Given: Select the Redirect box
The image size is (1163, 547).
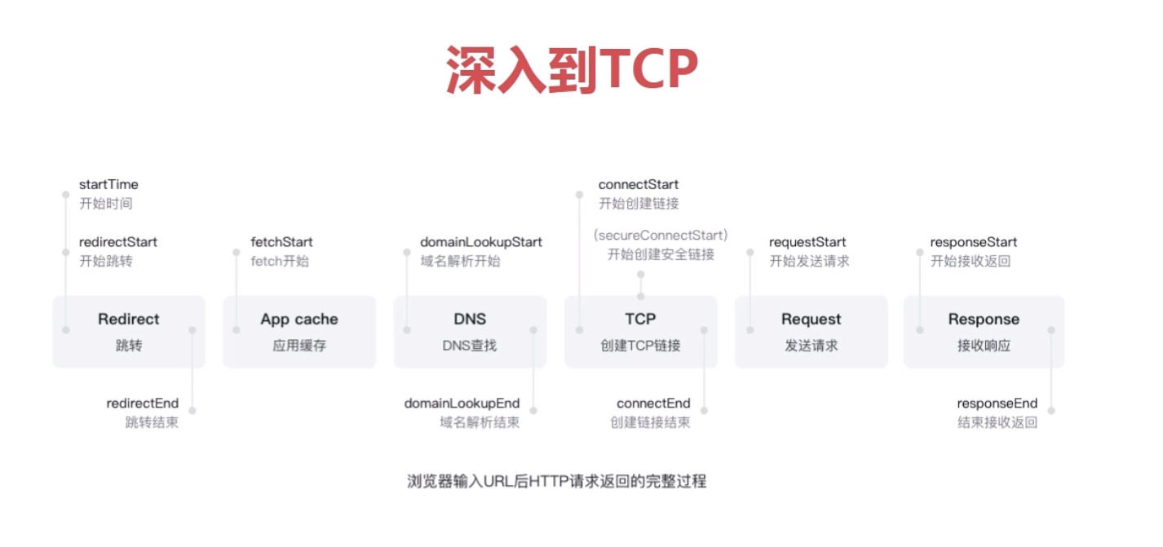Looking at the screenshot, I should coord(129,331).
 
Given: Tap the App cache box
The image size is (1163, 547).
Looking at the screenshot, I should coord(299,331).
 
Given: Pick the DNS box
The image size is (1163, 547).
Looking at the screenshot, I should coord(470,331).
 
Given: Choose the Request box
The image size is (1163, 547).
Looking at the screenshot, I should coord(811,331).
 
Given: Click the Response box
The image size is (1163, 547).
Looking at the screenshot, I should coord(984,331).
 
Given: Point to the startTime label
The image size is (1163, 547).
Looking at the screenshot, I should coord(108,185).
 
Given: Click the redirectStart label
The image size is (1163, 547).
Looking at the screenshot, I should coord(118,242).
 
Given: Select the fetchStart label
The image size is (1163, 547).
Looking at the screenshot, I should coord(281,242).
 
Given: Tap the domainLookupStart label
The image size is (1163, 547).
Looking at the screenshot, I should coord(481,242).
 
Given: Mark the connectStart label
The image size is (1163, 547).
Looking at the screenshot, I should coord(639,185).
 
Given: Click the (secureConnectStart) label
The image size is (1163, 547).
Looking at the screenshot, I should coord(661,235).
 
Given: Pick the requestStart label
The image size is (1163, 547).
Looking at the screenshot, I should coord(807,242).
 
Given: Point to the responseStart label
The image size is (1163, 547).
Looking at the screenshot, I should coord(974,242).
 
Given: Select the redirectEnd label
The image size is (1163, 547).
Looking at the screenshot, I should coord(143,404).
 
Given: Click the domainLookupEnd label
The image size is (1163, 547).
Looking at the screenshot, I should coord(462,404).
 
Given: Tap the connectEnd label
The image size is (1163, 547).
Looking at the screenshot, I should coord(653,404).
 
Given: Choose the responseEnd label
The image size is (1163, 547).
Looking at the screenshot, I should coord(997,404).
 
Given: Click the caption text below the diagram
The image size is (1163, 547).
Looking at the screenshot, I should coord(557,481).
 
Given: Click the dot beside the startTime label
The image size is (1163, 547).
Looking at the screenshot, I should coord(65,195).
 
